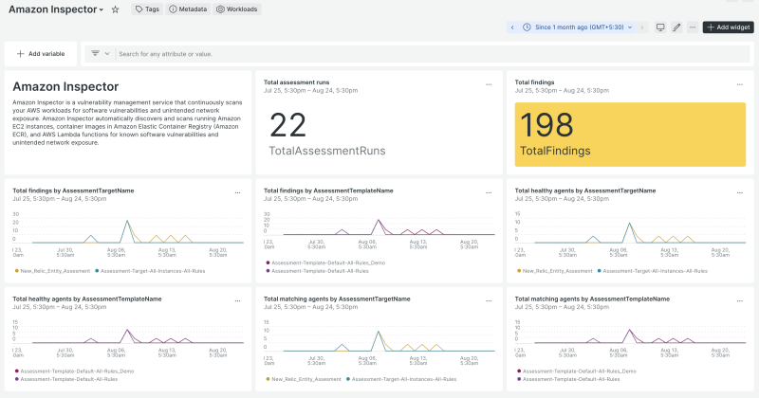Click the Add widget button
(x=728, y=27)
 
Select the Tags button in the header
(x=146, y=9)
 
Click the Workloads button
(x=236, y=9)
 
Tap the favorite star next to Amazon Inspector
(x=115, y=9)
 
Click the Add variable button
(x=41, y=54)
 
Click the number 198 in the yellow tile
(x=547, y=125)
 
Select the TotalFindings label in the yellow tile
(x=555, y=151)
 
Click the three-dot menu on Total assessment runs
(x=489, y=83)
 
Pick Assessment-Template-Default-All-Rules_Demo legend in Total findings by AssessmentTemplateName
(x=327, y=262)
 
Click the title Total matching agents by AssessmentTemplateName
(x=584, y=298)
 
